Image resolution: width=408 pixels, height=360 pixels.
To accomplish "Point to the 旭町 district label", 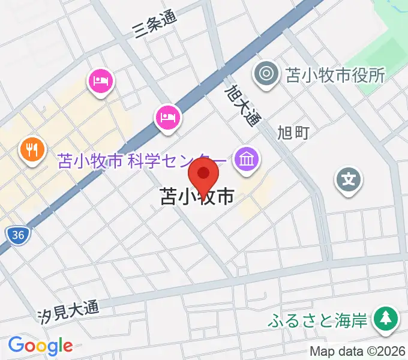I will [x=293, y=132].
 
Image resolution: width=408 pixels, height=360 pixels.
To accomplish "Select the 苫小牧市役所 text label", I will [x=335, y=76].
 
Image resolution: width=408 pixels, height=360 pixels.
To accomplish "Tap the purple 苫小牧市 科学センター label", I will [x=142, y=161].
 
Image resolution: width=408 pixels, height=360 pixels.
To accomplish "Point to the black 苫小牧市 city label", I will [x=197, y=197].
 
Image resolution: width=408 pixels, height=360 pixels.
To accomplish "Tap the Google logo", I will [x=40, y=345].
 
